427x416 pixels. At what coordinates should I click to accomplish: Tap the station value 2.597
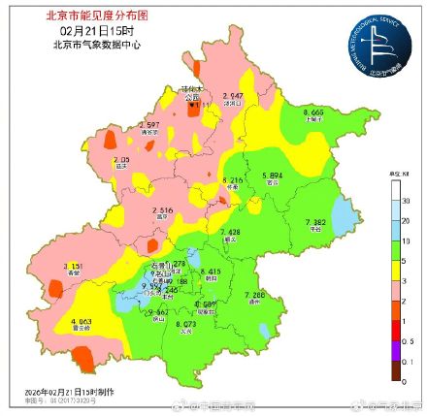pos(149,124)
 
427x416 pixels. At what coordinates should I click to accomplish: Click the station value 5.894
pos(275,176)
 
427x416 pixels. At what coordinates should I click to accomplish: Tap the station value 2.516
pos(162,209)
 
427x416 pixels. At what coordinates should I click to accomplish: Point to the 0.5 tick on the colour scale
pos(406,342)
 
